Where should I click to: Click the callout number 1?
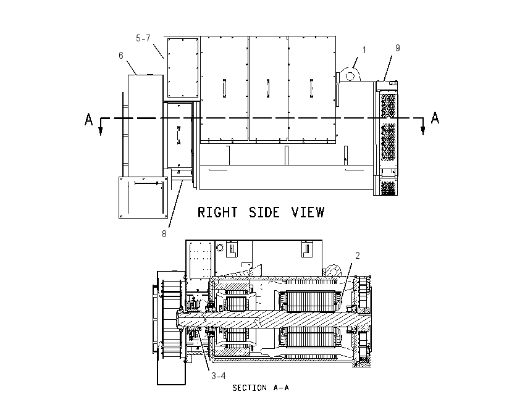tap(364, 50)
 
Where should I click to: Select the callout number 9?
tap(397, 48)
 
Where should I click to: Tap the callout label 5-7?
tap(143, 38)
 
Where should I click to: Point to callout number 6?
tap(121, 55)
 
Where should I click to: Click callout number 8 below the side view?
tap(164, 234)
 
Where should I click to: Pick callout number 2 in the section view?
tap(358, 256)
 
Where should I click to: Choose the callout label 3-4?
tap(218, 376)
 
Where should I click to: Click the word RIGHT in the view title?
tap(217, 212)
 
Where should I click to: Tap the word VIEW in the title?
tap(308, 212)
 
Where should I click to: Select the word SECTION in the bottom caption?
tap(250, 388)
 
